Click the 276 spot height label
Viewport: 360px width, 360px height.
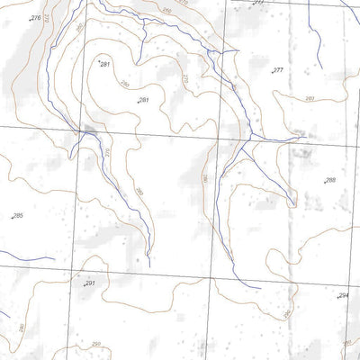click(35, 18)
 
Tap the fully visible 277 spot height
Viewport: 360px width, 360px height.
click(277, 70)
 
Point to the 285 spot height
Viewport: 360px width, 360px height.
click(17, 217)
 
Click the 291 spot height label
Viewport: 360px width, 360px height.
click(89, 283)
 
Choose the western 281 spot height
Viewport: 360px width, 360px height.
click(104, 65)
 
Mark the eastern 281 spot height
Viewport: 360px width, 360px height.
click(143, 100)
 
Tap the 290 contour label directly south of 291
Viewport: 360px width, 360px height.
click(95, 344)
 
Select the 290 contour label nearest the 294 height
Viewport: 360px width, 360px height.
click(287, 315)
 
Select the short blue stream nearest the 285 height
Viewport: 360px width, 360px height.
click(31, 259)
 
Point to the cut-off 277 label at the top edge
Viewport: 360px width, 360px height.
click(258, 3)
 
